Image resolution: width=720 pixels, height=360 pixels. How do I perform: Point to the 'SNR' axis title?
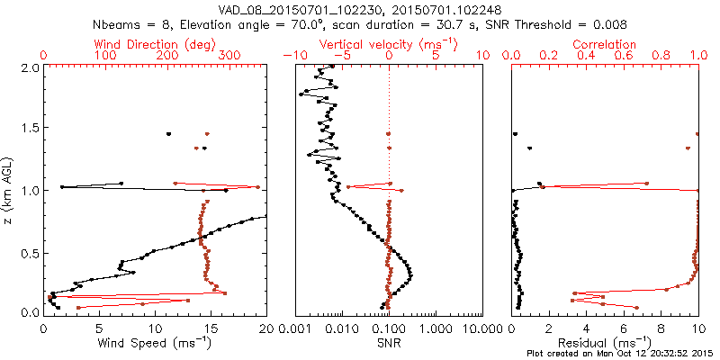coord(389,343)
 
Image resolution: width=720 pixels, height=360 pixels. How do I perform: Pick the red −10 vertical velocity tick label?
coord(292,56)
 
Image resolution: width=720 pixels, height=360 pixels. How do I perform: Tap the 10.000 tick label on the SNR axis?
coord(482,329)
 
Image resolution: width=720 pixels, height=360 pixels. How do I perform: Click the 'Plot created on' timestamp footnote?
coord(621,354)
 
